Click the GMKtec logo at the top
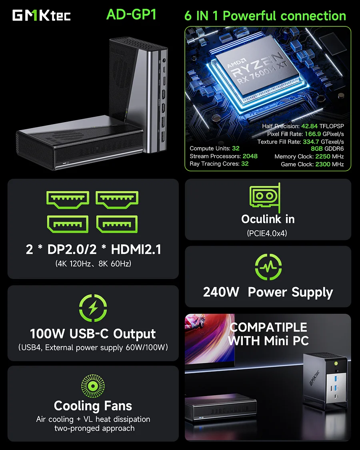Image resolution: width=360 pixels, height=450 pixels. (x=42, y=15)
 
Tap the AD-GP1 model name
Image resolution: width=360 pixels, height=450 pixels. (x=131, y=15)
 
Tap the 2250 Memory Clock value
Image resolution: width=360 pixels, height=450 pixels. (x=324, y=156)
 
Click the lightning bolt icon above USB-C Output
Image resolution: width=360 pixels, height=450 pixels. (x=93, y=308)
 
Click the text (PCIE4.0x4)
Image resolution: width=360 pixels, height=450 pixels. (x=268, y=233)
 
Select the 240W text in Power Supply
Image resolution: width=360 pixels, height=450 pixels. (x=221, y=292)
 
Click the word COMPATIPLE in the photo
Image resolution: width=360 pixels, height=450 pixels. (x=268, y=327)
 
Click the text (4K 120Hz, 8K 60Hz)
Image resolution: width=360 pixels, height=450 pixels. (x=93, y=264)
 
